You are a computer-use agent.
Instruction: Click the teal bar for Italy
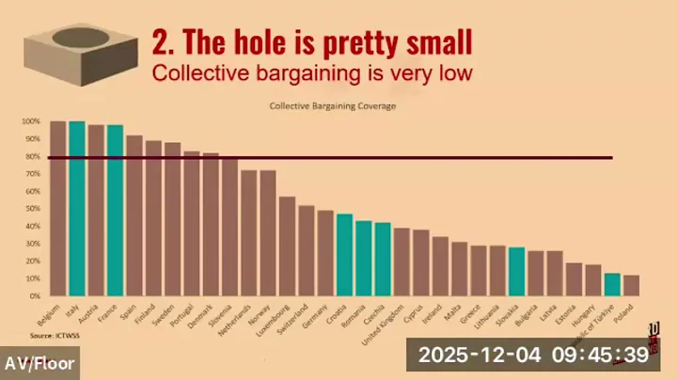pos(77,209)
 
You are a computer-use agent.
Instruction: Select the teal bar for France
pos(115,211)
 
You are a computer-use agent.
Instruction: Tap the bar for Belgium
pos(57,209)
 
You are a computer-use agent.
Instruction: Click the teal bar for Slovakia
pos(515,272)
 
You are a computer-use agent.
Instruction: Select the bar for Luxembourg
pos(287,246)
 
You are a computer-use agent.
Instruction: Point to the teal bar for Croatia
pos(344,255)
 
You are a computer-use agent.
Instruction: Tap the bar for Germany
pos(325,253)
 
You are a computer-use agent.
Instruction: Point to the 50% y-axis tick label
pos(33,209)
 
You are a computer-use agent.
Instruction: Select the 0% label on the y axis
pos(35,296)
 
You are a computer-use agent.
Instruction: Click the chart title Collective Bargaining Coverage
pos(333,106)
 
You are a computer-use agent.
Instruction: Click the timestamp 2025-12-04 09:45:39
pos(533,355)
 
